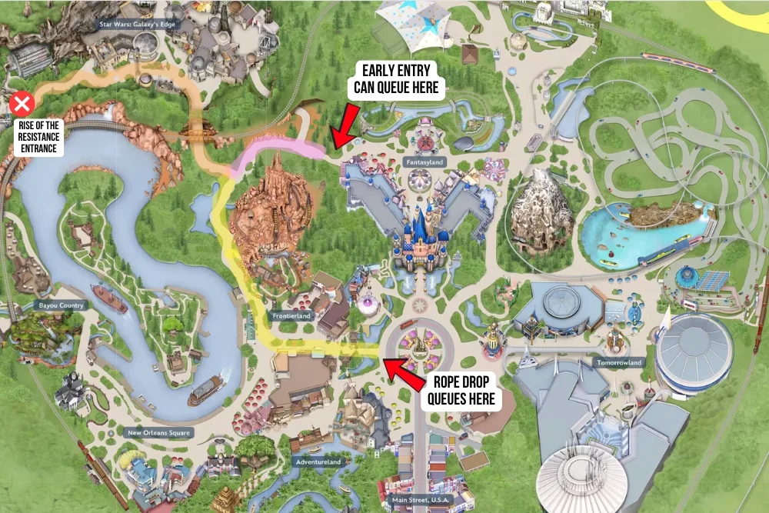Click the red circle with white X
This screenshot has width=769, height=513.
pyautogui.click(x=22, y=103)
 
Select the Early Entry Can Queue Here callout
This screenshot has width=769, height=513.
pyautogui.click(x=396, y=79)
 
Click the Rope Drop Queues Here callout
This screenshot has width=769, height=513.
pyautogui.click(x=461, y=391)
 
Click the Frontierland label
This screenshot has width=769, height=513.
pyautogui.click(x=291, y=315)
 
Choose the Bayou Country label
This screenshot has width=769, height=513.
pyautogui.click(x=59, y=305)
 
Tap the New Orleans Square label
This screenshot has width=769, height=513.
pyautogui.click(x=157, y=432)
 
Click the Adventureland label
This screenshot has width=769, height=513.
pyautogui.click(x=317, y=462)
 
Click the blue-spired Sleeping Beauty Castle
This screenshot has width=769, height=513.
pyautogui.click(x=419, y=238)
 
